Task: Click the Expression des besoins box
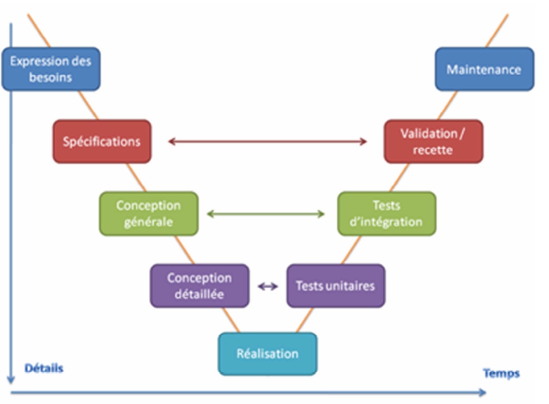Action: (x=51, y=69)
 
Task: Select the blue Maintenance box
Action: (x=484, y=69)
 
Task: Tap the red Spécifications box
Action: (x=102, y=141)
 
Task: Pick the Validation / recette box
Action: (x=433, y=141)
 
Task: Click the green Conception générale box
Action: (x=149, y=213)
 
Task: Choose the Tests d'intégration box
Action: (x=387, y=213)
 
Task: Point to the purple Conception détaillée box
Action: (x=199, y=285)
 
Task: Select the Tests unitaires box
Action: (x=335, y=285)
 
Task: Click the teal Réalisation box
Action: (x=267, y=353)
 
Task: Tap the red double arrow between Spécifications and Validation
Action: (x=267, y=142)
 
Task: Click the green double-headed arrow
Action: (x=266, y=214)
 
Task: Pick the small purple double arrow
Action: (x=268, y=286)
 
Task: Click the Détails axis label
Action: (x=44, y=368)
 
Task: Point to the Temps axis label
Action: (x=501, y=373)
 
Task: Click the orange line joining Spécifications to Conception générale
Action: (x=136, y=178)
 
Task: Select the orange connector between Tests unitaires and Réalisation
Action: (x=304, y=320)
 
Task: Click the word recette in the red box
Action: (x=433, y=150)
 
